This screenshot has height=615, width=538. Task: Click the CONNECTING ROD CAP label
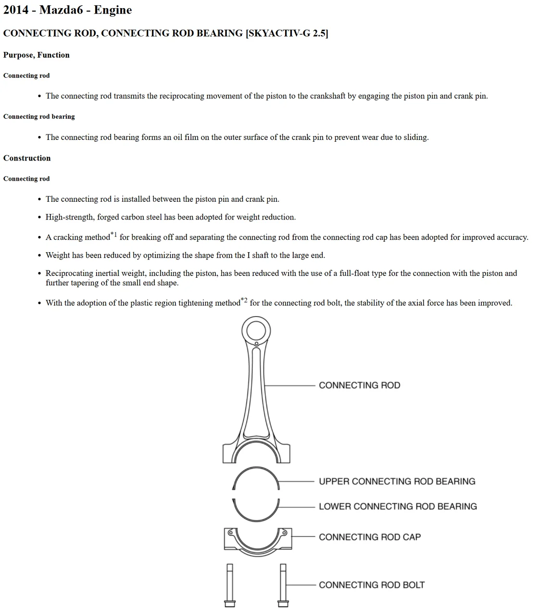point(369,537)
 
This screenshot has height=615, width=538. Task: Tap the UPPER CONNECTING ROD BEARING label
point(397,481)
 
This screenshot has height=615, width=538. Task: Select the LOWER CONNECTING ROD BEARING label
point(398,506)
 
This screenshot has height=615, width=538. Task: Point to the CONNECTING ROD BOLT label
point(372,585)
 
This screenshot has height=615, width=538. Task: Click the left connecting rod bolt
point(229,585)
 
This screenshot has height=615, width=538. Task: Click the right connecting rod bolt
point(283,585)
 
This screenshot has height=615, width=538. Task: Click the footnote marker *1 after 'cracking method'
point(113,235)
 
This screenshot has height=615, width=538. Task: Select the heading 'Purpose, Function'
point(36,55)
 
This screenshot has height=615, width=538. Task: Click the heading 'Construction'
point(27,159)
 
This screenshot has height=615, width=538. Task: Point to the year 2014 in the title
point(16,10)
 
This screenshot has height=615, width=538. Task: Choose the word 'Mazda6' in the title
point(61,10)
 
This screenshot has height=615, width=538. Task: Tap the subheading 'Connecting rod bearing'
point(39,117)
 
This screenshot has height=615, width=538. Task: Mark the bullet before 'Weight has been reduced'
point(39,256)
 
